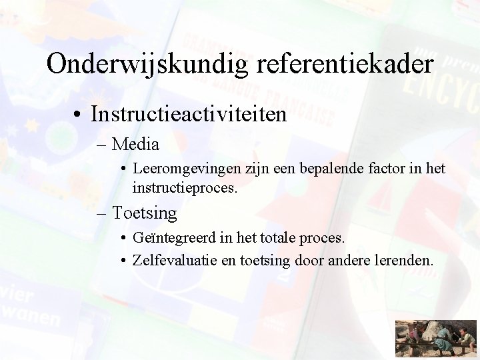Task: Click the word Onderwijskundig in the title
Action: point(140,64)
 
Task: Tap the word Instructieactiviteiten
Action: point(189,114)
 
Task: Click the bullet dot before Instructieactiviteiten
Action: point(79,115)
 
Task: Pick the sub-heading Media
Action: point(136,143)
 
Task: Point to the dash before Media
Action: point(102,144)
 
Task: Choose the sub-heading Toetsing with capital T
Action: point(145,213)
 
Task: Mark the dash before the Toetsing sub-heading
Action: point(102,214)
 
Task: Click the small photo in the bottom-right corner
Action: point(436,339)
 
